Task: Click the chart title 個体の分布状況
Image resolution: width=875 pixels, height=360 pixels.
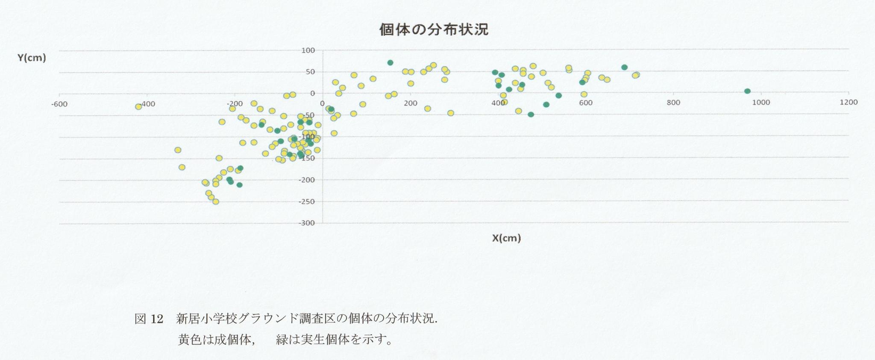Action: pos(434,29)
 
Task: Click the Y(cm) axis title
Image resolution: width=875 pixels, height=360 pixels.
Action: pos(32,58)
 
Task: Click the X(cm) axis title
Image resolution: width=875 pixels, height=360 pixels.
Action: pos(506,238)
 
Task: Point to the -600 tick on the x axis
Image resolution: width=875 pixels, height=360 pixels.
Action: pos(59,104)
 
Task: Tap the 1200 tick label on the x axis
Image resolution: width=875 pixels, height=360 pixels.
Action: pos(849,102)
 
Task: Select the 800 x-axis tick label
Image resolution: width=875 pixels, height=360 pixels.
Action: pos(673,102)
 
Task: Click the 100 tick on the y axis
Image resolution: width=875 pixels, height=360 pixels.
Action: pos(308,50)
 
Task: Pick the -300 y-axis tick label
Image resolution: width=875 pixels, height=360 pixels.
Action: pos(307,223)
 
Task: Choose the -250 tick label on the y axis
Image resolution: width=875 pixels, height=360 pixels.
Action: pos(307,202)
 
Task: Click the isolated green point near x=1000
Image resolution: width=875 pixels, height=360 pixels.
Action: pos(747,91)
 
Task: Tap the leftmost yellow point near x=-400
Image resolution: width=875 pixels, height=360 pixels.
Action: pos(138,106)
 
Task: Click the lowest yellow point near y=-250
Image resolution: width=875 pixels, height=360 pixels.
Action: pos(216,202)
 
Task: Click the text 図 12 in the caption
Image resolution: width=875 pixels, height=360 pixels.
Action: pos(149,319)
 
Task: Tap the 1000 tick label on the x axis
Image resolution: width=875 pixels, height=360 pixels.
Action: pos(761,102)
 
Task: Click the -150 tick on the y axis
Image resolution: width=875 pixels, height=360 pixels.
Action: pos(307,158)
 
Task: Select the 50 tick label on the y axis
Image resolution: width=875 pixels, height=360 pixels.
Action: pos(310,72)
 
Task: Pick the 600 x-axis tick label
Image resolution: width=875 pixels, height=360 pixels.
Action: pos(586,102)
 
